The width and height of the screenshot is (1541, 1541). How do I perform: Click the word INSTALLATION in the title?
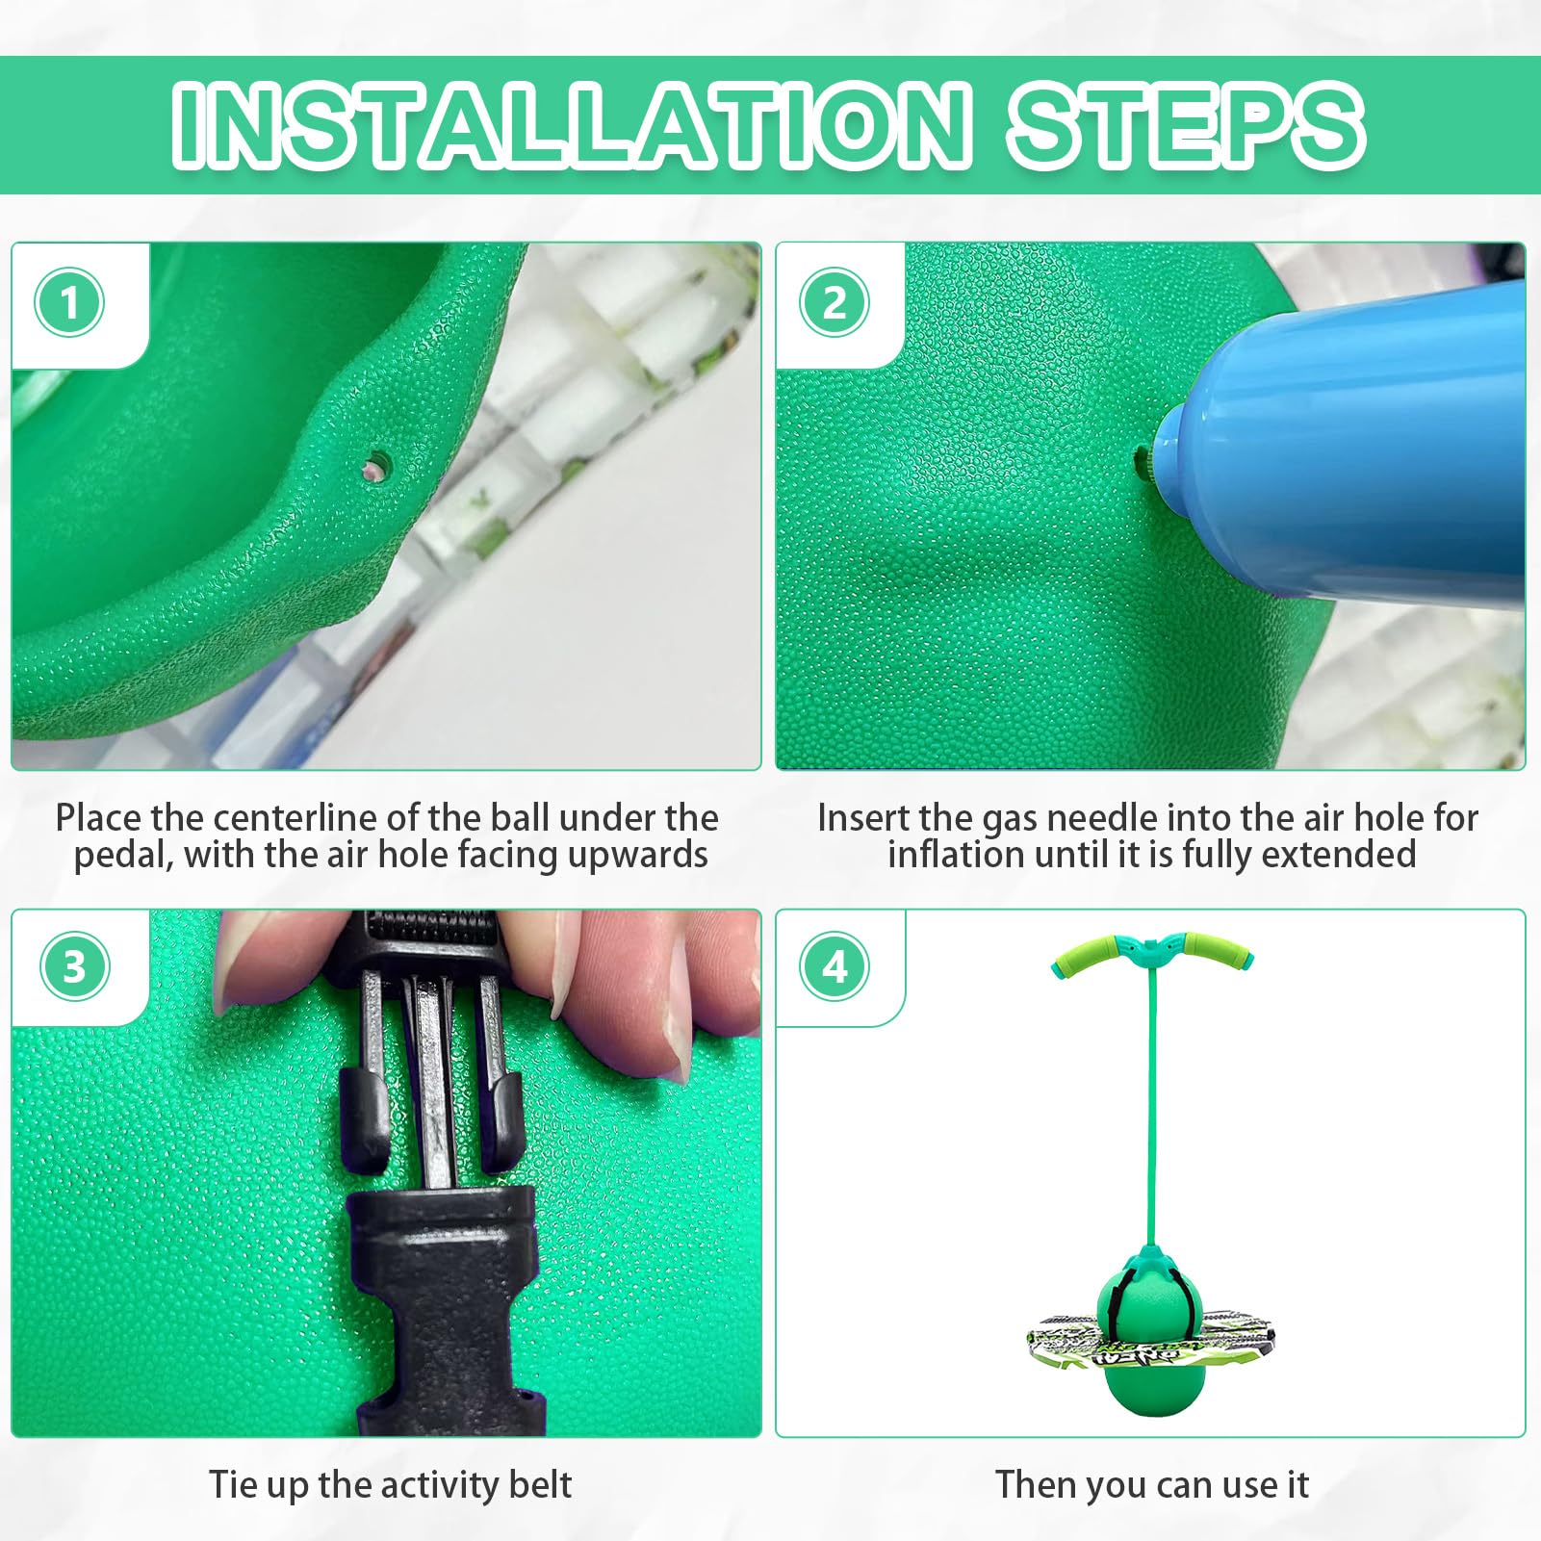point(572,125)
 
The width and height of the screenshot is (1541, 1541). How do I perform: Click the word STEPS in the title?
point(1186,125)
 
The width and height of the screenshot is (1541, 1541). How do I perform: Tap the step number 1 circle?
point(69,303)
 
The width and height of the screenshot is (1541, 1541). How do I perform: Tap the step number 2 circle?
point(835,303)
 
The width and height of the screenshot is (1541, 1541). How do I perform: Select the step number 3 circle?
point(74,967)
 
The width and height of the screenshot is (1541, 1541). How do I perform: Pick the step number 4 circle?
point(835,967)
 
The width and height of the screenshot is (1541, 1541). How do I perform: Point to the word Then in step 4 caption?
point(1036,1484)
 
